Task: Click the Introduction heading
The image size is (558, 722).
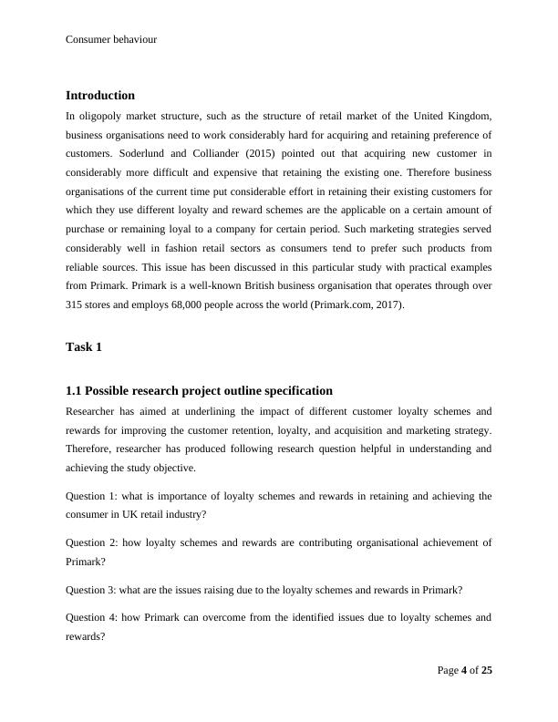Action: [x=100, y=95]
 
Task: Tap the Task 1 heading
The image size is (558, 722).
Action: [x=85, y=346]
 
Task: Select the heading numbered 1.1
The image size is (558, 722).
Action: [x=199, y=390]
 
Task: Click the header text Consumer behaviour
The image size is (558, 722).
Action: [x=111, y=40]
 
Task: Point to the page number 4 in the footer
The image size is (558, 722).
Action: [x=464, y=671]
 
